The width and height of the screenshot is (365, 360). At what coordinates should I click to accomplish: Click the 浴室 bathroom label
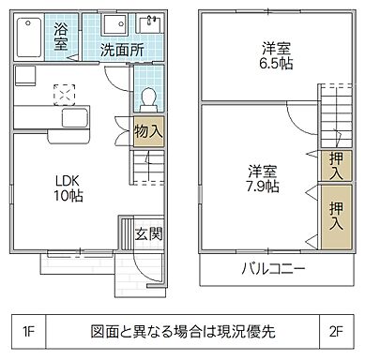point(61,36)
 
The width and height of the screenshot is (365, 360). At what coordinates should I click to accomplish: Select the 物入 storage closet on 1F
point(148,130)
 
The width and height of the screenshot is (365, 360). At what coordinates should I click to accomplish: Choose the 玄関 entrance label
point(144,232)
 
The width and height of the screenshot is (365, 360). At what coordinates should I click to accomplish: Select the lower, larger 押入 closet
point(334,215)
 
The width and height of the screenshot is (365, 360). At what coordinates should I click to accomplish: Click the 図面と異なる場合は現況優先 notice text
point(182,330)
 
